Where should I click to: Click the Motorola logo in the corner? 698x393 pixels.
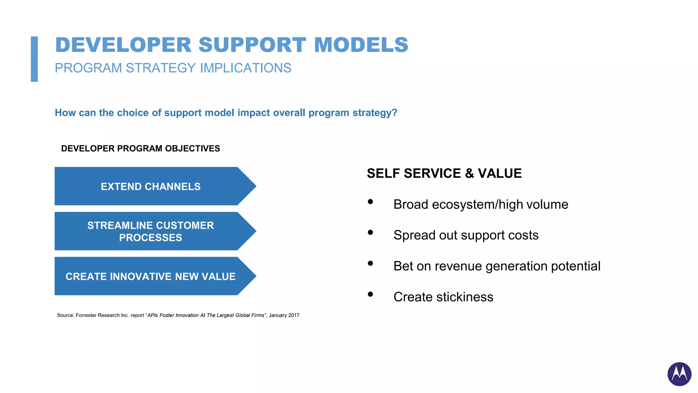679,374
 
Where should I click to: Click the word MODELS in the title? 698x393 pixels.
361,45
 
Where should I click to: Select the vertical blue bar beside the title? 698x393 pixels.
34,59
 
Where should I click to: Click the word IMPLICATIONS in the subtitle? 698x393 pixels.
245,68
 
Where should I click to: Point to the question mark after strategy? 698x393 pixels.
394,113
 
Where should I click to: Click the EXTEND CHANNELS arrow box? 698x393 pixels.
151,186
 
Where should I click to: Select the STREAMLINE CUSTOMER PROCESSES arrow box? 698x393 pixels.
151,231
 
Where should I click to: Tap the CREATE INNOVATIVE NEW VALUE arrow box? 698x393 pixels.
151,276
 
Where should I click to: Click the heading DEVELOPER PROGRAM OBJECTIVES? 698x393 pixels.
140,148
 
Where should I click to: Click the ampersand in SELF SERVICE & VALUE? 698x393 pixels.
469,174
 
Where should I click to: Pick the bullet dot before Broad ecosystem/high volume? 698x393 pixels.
370,202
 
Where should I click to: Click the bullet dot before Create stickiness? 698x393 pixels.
370,294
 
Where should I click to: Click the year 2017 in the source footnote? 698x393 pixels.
293,315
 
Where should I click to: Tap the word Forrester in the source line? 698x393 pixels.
86,315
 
